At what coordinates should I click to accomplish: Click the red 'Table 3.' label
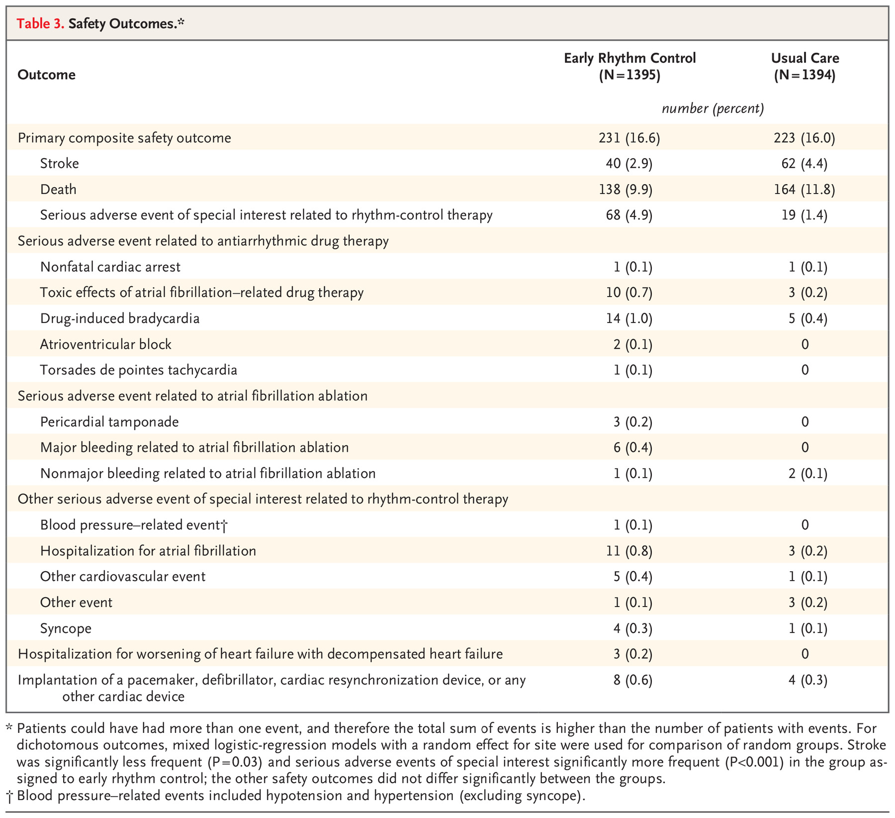(41, 23)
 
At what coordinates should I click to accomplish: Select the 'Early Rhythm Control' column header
(629, 58)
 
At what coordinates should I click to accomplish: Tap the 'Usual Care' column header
(805, 58)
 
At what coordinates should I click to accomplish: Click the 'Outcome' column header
(46, 75)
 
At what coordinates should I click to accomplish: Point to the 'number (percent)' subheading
(713, 108)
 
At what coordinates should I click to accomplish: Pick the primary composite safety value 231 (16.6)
(629, 138)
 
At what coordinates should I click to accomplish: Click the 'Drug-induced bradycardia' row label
(120, 318)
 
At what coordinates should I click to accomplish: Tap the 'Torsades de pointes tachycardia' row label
(139, 370)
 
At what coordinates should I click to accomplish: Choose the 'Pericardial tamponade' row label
(109, 422)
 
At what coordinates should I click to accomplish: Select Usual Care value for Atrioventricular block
(805, 344)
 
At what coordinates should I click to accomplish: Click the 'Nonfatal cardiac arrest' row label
(110, 267)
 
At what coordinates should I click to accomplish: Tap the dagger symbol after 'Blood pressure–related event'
(224, 525)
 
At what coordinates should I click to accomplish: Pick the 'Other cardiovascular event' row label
(123, 577)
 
